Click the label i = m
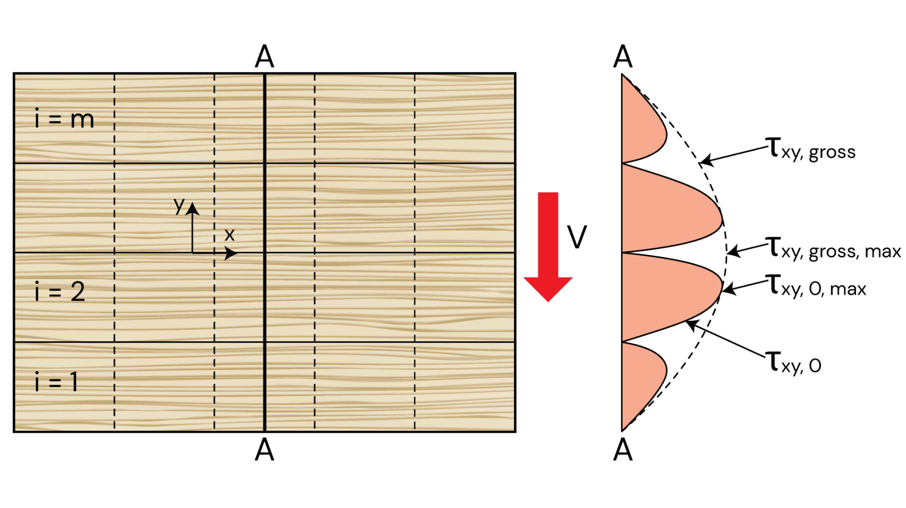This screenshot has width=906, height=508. [64, 119]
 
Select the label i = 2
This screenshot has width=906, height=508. [60, 291]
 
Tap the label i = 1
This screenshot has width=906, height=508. [57, 382]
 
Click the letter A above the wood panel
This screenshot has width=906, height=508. [264, 57]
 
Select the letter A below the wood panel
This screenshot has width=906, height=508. [264, 450]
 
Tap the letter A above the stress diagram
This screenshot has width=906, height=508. [623, 57]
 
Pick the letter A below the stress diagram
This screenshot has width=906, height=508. [623, 450]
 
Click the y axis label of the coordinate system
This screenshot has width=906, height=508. [179, 205]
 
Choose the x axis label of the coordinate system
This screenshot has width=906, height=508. [229, 235]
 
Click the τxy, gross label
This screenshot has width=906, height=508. [810, 149]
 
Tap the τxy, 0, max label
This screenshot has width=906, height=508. [816, 286]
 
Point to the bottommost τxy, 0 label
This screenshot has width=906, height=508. [793, 363]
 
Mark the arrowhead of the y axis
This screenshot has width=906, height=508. [193, 208]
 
